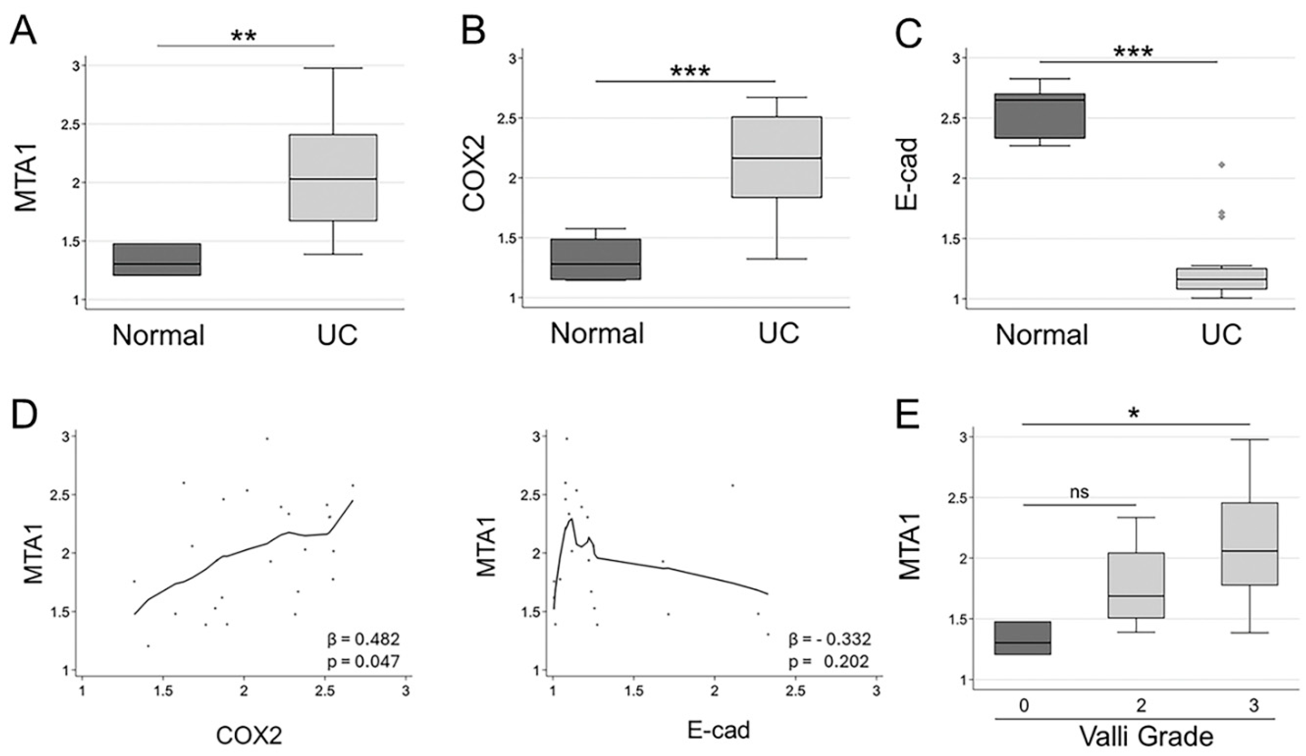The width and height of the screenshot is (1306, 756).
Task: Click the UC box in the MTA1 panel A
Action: tap(333, 178)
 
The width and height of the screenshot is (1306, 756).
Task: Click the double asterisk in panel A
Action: tap(243, 36)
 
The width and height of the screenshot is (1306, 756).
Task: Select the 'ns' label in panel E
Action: tap(1079, 493)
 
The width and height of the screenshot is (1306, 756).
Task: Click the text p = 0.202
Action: tap(829, 661)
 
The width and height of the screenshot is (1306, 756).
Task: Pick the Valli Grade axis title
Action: tap(1146, 736)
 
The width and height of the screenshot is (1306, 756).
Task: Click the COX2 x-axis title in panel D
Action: tap(249, 735)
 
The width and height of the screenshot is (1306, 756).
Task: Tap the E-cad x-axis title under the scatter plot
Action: tap(718, 730)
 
